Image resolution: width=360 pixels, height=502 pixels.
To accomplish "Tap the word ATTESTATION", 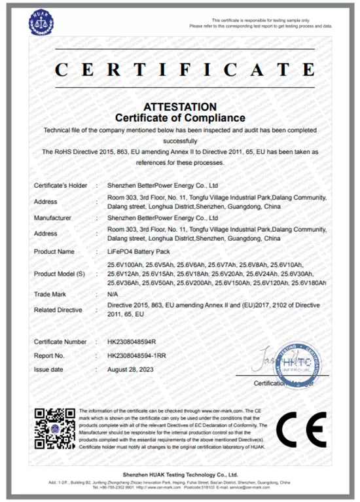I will [179, 107].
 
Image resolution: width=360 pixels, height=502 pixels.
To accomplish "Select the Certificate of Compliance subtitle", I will [179, 118].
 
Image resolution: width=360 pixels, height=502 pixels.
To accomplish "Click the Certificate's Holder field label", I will [60, 186].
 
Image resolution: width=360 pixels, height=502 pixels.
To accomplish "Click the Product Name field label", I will [54, 251].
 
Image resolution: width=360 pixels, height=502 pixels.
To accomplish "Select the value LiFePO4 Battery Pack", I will [136, 251].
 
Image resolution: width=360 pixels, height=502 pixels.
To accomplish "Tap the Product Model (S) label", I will [60, 273].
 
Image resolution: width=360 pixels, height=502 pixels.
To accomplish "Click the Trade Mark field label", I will [50, 295].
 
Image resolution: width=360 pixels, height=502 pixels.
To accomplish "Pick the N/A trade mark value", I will [112, 295].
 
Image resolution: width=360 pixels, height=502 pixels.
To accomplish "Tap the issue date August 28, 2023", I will [133, 369].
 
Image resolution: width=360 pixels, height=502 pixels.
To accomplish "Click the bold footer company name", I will [181, 474].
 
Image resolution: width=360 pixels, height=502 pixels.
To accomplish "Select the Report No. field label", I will [49, 355].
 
